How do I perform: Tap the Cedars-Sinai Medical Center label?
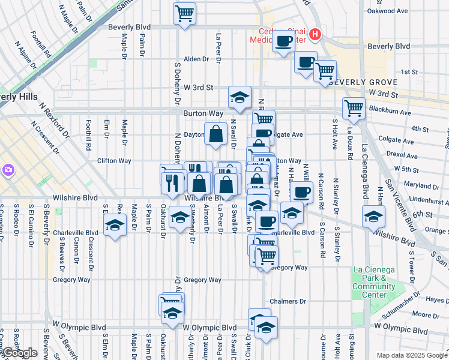[282, 36]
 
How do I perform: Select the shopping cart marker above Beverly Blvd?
[185, 13]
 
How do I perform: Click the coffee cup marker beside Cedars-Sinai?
[283, 42]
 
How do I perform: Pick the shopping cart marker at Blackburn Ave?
[354, 109]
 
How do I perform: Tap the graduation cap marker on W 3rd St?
[240, 97]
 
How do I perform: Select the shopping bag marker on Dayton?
[215, 134]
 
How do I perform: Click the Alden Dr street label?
[196, 59]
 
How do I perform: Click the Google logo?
[20, 353]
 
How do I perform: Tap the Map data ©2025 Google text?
[411, 356]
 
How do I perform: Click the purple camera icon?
[8, 171]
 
